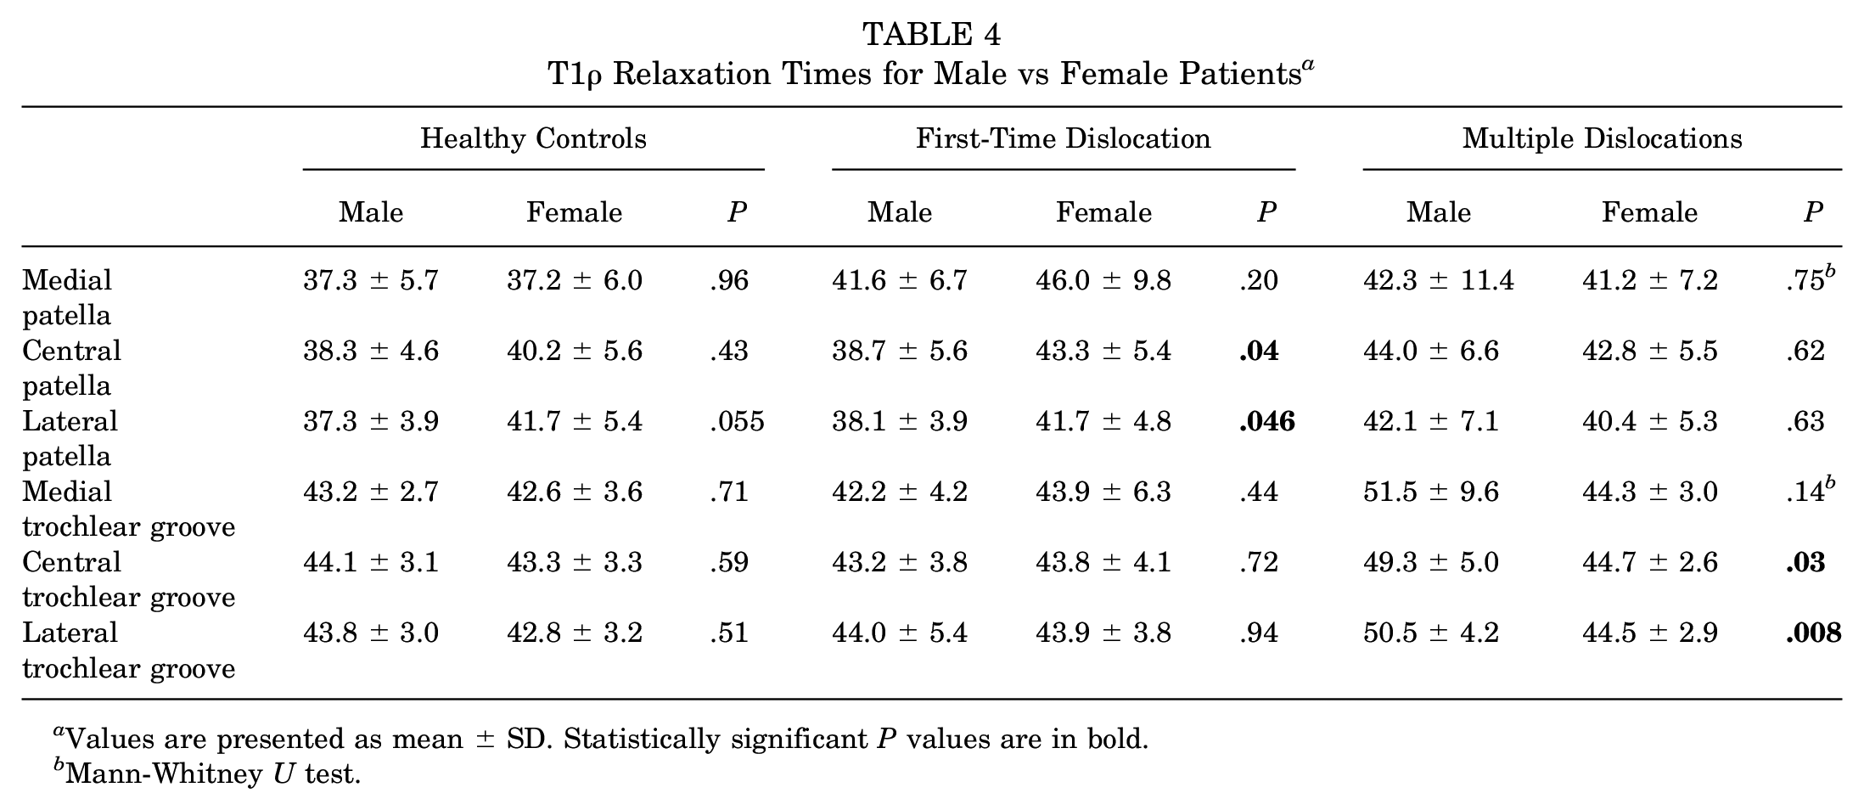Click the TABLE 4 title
tap(931, 35)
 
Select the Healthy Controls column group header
tap(533, 138)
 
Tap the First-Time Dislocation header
tap(1063, 138)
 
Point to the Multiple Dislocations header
tap(1602, 138)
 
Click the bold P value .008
tap(1813, 633)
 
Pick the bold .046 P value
tap(1266, 421)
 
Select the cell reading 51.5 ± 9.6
tap(1431, 492)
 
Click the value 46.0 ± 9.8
tap(1103, 280)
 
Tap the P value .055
tap(737, 421)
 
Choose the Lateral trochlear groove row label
tap(128, 650)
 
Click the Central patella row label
tap(71, 368)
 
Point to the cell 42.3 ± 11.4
tap(1438, 280)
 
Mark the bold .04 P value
tap(1258, 351)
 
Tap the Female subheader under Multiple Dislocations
tap(1649, 212)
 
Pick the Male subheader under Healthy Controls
tap(371, 212)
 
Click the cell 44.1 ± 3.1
tap(371, 562)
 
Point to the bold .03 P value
tap(1805, 562)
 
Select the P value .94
tap(1258, 633)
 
